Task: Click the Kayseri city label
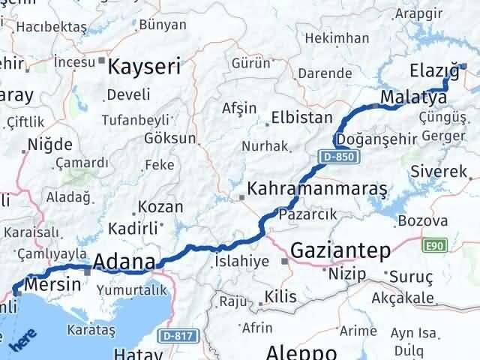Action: coord(145,67)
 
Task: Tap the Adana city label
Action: coord(124,262)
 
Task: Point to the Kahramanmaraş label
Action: coord(317,187)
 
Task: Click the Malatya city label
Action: coord(413,97)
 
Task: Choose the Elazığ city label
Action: coord(434,71)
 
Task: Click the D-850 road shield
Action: coord(340,157)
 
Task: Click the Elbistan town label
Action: coord(301,117)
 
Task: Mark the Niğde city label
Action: coord(50,144)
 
